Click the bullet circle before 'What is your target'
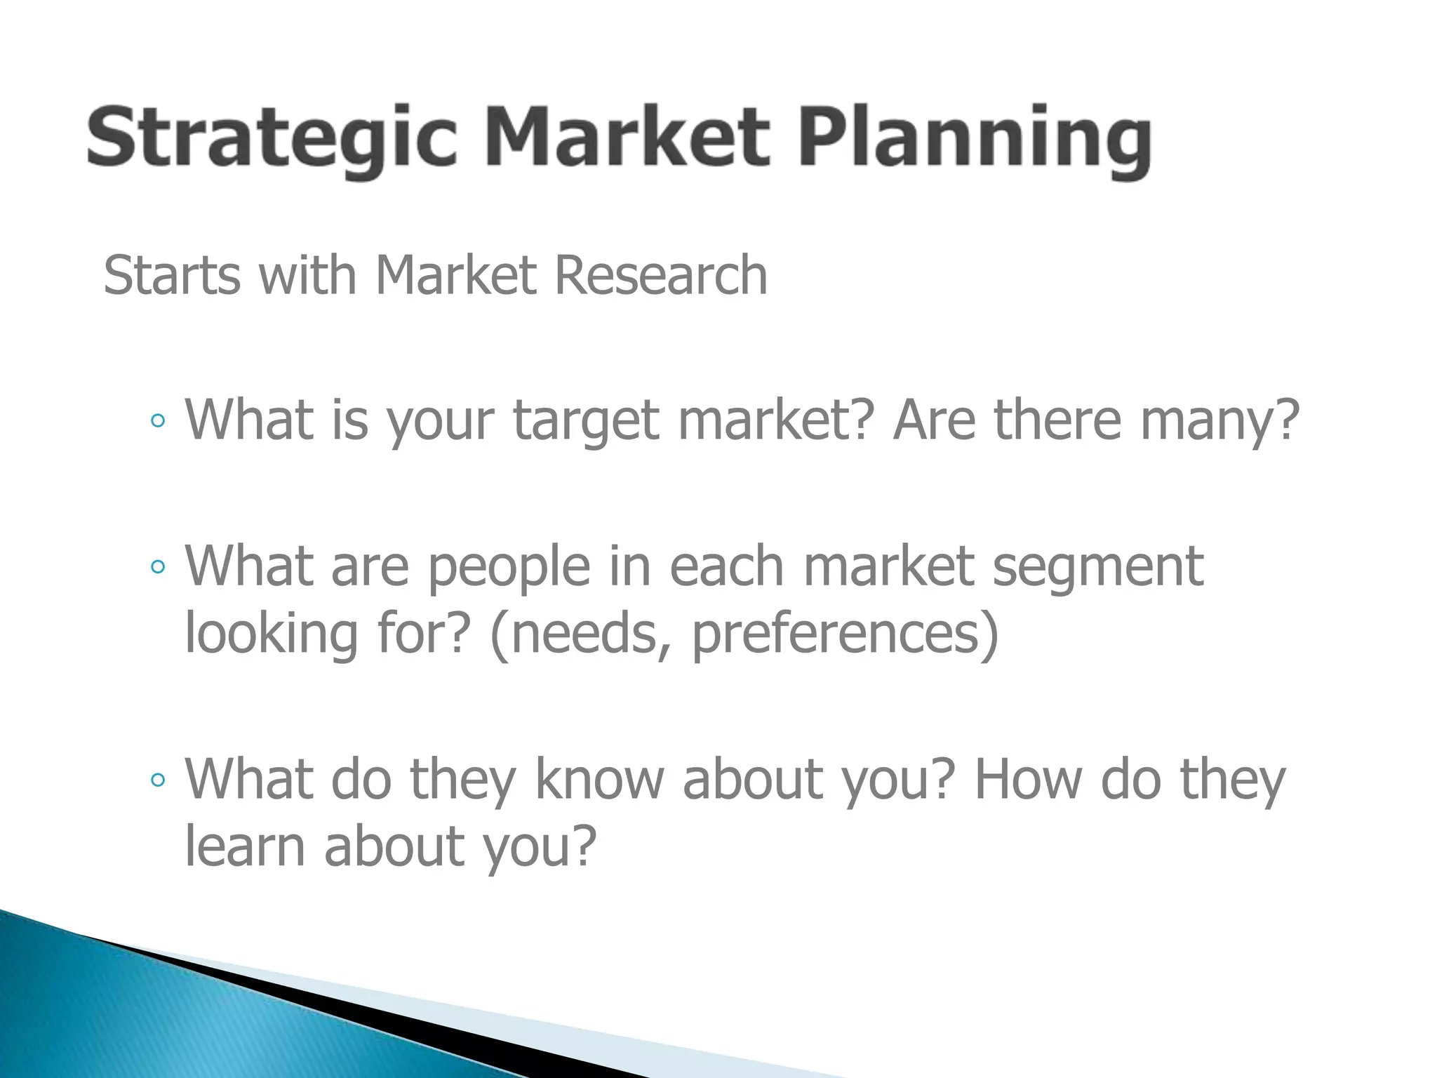tap(159, 421)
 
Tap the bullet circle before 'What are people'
tap(159, 567)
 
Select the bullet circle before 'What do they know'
tap(159, 780)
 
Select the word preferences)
tap(845, 634)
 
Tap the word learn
tap(245, 846)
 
